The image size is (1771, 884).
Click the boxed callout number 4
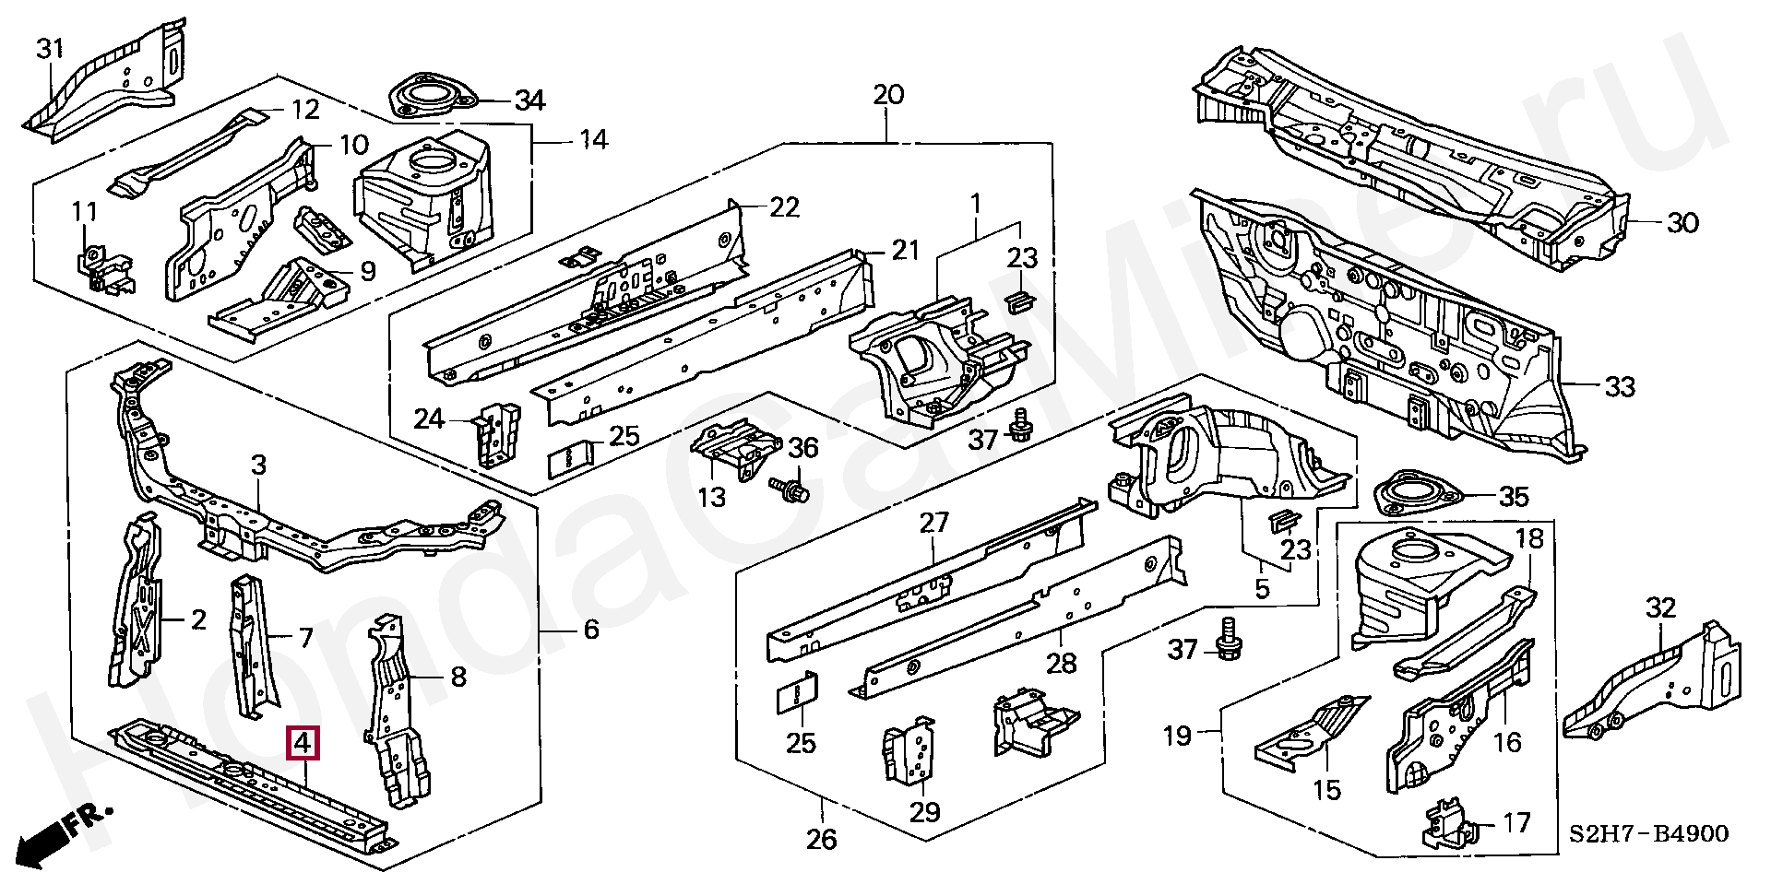click(x=303, y=743)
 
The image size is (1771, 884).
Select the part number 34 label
click(x=529, y=100)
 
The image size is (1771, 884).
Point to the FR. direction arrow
click(x=64, y=833)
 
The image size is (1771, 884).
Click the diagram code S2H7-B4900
click(x=1648, y=834)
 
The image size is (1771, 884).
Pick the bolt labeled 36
click(x=789, y=488)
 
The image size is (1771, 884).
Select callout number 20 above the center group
click(x=888, y=94)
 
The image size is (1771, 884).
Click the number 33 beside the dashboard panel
click(x=1619, y=386)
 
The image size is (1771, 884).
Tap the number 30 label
click(x=1682, y=223)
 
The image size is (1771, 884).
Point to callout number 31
click(x=50, y=49)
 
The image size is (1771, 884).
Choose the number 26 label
click(x=821, y=840)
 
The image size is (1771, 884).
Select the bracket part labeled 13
click(x=736, y=449)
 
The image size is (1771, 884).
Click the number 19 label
click(x=1178, y=737)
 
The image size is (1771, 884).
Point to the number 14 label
click(x=593, y=140)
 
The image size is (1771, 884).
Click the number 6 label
click(x=591, y=630)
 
